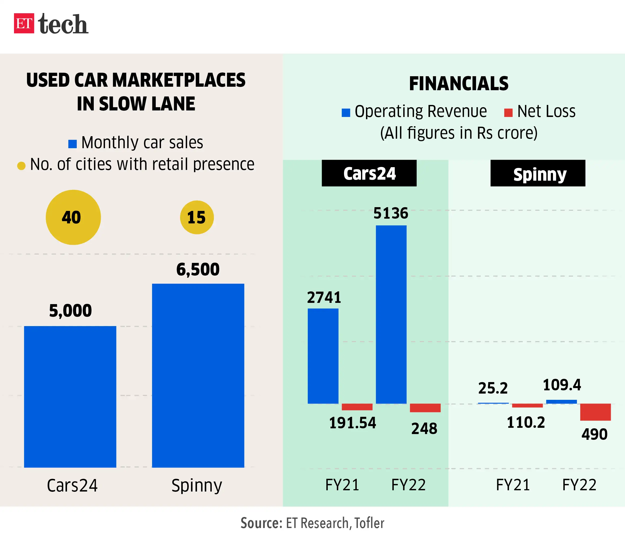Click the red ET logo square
pyautogui.click(x=24, y=23)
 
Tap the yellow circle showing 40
pyautogui.click(x=73, y=217)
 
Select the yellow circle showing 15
pyautogui.click(x=197, y=217)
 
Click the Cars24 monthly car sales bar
pyautogui.click(x=70, y=396)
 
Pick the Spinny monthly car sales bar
pyautogui.click(x=198, y=375)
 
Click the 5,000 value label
pyautogui.click(x=70, y=311)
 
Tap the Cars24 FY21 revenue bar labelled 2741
pyautogui.click(x=323, y=356)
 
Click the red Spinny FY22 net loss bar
pyautogui.click(x=595, y=412)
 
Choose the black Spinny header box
pyautogui.click(x=538, y=173)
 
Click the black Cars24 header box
pyautogui.click(x=369, y=173)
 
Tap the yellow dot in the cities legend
pyautogui.click(x=21, y=166)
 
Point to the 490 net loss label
pyautogui.click(x=594, y=434)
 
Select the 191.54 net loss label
pyautogui.click(x=352, y=423)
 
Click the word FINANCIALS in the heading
pyautogui.click(x=458, y=84)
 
